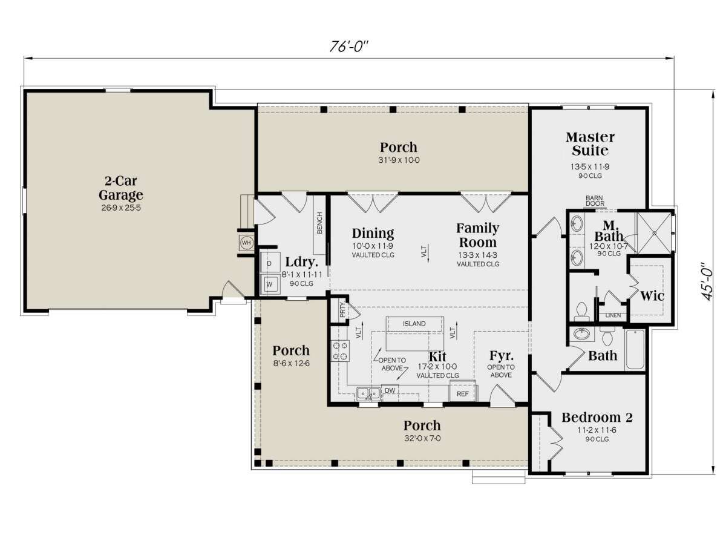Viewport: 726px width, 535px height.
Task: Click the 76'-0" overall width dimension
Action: coord(349,47)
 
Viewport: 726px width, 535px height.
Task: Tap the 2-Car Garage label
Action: coord(121,188)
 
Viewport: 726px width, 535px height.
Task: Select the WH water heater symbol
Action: coord(246,243)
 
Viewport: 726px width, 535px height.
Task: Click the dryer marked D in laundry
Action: coord(270,263)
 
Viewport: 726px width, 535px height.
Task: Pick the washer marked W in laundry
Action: coord(270,284)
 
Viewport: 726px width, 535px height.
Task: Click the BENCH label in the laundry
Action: coord(319,223)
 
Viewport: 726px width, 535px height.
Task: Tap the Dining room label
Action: coord(373,233)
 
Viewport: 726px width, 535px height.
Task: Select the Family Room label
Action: coord(478,235)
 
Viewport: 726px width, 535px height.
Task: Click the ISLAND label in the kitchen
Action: coord(414,324)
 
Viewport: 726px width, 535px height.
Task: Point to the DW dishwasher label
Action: coord(390,390)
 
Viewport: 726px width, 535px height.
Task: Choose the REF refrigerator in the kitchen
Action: coord(462,392)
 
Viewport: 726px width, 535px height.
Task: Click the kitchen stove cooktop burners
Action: coord(340,351)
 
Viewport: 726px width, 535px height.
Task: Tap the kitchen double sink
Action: coord(369,394)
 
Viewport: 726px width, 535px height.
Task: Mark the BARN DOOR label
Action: coord(595,201)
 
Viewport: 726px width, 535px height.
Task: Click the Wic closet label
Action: coord(652,296)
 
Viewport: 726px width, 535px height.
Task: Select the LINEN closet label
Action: coord(613,315)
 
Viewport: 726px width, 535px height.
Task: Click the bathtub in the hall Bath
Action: coord(635,349)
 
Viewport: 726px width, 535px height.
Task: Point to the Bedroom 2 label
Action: coord(597,418)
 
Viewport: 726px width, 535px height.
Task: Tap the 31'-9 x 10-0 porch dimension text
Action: coord(399,160)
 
